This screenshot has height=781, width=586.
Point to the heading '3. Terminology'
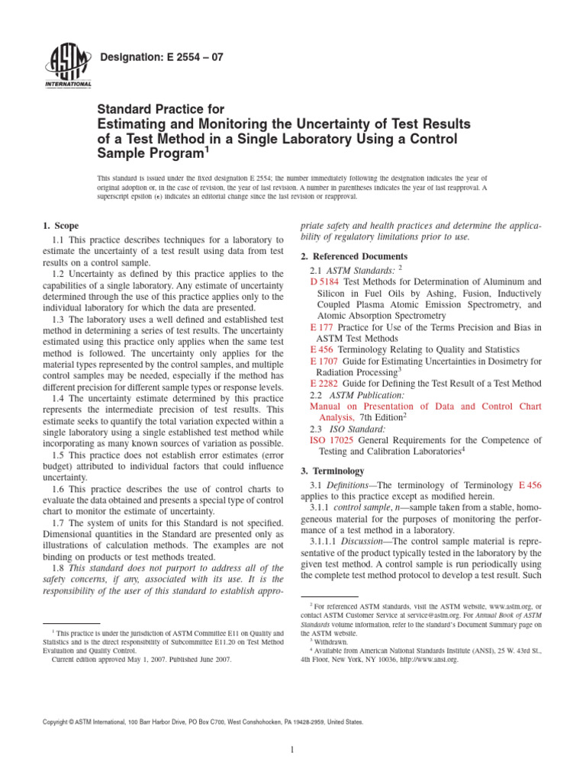[333, 471]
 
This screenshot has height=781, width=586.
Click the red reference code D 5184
[324, 282]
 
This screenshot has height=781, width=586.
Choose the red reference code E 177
[322, 327]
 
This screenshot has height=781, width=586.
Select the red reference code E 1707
[325, 361]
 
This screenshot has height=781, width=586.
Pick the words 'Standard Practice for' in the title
[160, 110]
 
